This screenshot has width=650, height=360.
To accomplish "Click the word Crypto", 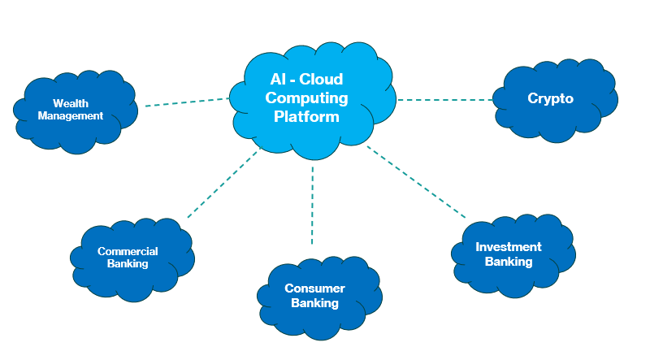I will point(550,99).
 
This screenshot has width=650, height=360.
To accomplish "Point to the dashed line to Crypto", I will point(445,100).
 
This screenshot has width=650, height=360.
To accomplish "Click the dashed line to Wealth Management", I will point(187,102).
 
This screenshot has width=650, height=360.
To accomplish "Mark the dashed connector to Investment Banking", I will point(416,182).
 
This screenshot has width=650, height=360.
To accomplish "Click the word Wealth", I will point(70,103).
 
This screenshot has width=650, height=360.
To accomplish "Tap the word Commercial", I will point(128,251).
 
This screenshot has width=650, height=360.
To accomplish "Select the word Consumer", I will point(314,288).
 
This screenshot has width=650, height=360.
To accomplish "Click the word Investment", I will point(509,247).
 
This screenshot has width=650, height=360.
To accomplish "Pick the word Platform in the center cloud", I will point(306,117).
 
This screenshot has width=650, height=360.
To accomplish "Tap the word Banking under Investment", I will point(509,262).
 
